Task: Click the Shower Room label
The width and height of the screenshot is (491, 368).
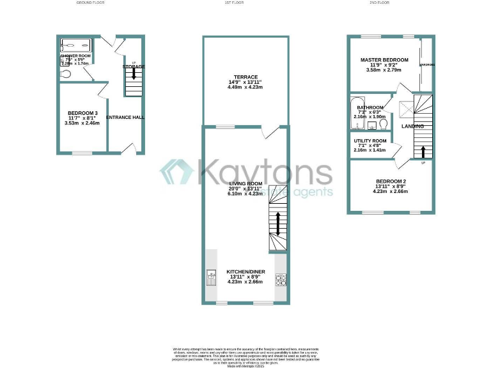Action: point(75,56)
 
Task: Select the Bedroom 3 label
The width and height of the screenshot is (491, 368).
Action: point(83,113)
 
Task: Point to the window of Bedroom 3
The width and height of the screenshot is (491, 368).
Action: point(82,153)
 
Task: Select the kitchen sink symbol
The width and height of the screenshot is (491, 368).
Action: point(211,279)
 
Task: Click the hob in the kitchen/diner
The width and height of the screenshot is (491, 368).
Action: point(280,279)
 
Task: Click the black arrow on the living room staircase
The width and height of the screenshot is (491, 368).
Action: point(278,224)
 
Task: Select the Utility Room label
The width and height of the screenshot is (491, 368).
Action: point(370,141)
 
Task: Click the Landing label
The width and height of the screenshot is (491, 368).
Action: point(412,126)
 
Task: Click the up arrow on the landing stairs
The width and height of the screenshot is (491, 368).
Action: point(423,151)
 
